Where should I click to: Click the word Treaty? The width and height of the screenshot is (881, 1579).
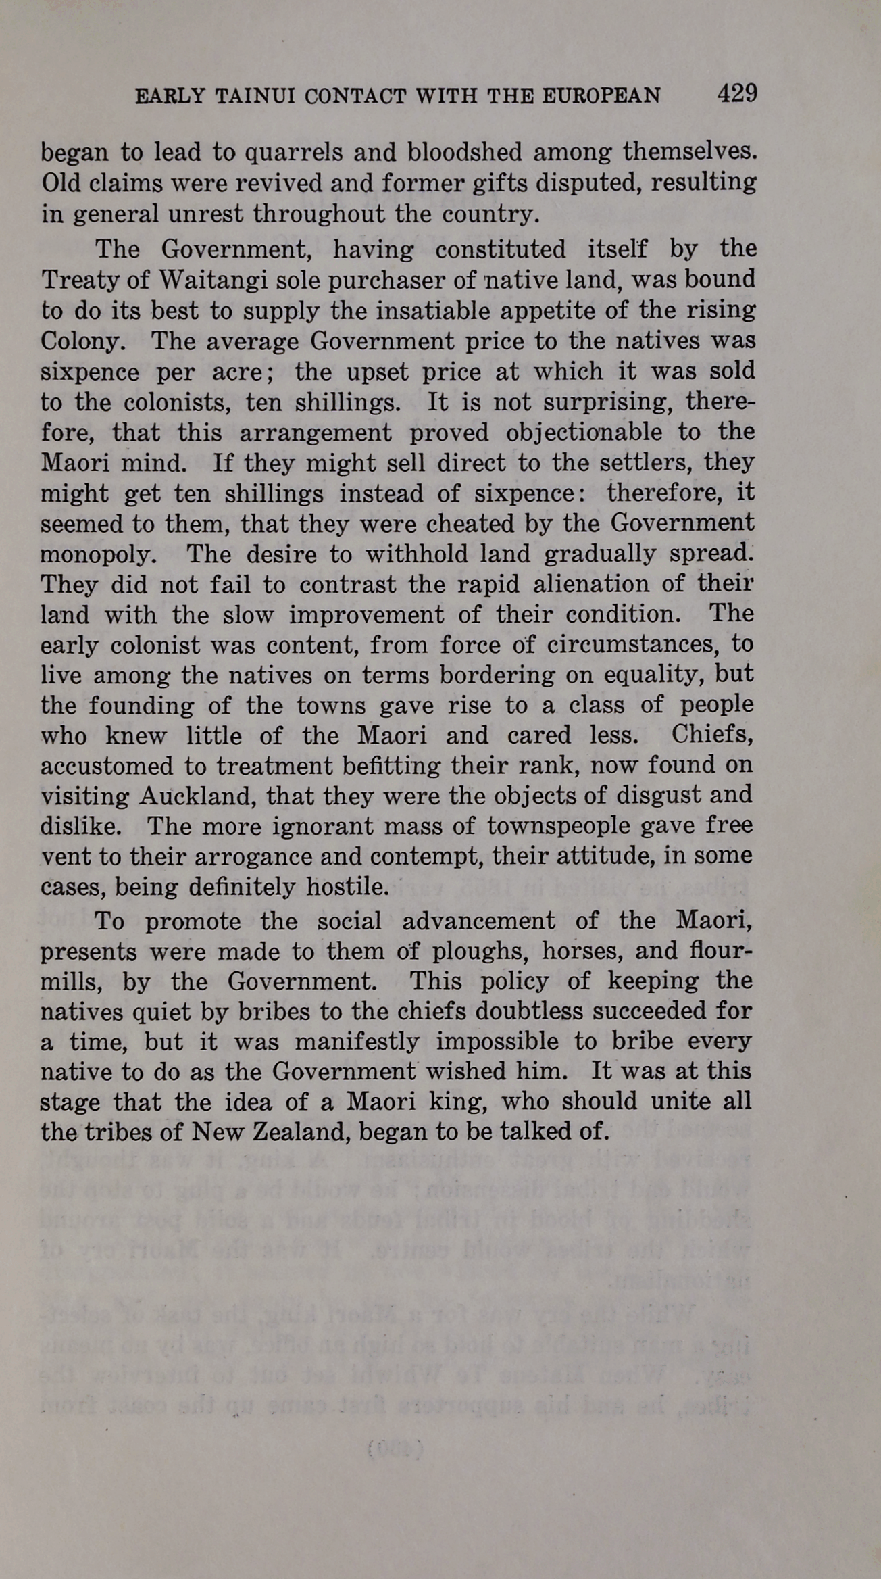click(x=78, y=280)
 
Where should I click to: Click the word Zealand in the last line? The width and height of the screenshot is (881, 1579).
click(x=299, y=1132)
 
